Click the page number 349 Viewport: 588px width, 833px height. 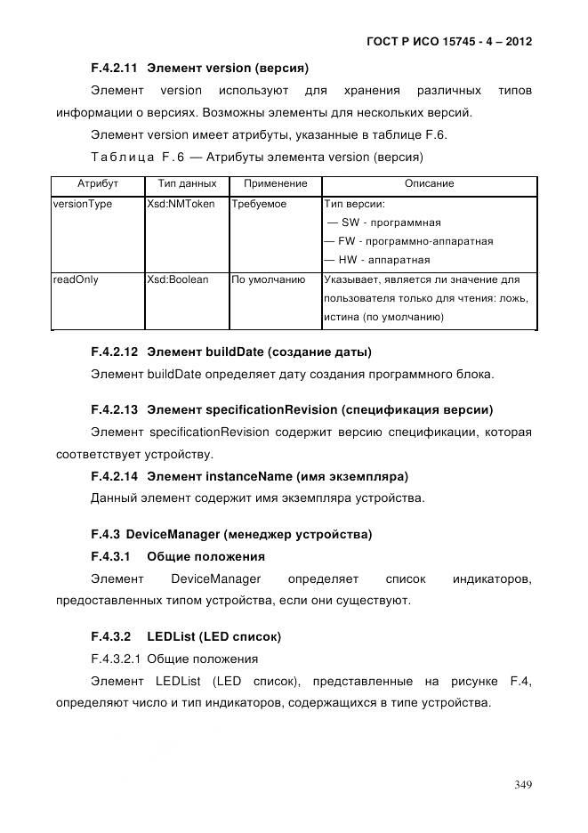[522, 784]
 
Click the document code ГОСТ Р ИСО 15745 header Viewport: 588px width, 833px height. [448, 41]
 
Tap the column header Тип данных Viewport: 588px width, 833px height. [186, 183]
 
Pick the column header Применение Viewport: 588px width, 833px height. [275, 183]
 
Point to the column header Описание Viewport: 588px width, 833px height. [429, 183]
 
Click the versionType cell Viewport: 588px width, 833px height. [83, 204]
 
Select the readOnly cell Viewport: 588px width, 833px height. [76, 279]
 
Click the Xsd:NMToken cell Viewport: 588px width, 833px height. [181, 204]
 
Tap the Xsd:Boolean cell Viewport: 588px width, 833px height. [177, 279]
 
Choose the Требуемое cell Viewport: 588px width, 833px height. [259, 204]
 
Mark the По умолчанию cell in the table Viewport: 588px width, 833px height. [268, 279]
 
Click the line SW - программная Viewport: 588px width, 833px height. [385, 222]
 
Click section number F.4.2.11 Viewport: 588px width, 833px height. [115, 68]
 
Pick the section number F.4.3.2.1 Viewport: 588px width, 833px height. [115, 659]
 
